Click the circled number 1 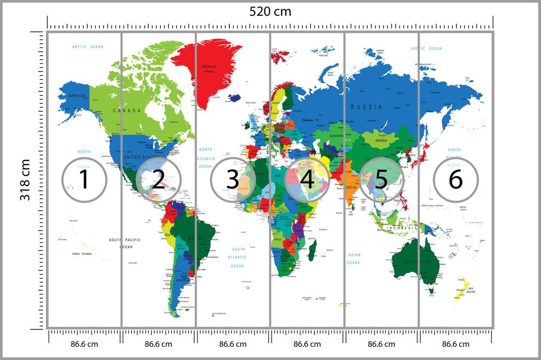(x=84, y=180)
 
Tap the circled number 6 (x=455, y=180)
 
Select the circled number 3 (x=232, y=180)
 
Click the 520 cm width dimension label (x=270, y=12)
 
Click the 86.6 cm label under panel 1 (x=84, y=344)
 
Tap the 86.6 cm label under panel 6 (x=455, y=344)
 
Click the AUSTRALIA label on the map (x=415, y=262)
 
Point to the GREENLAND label (x=209, y=67)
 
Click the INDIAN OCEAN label (x=353, y=259)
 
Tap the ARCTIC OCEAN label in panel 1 (x=88, y=48)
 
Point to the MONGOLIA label (x=381, y=141)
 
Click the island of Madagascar (x=312, y=247)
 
